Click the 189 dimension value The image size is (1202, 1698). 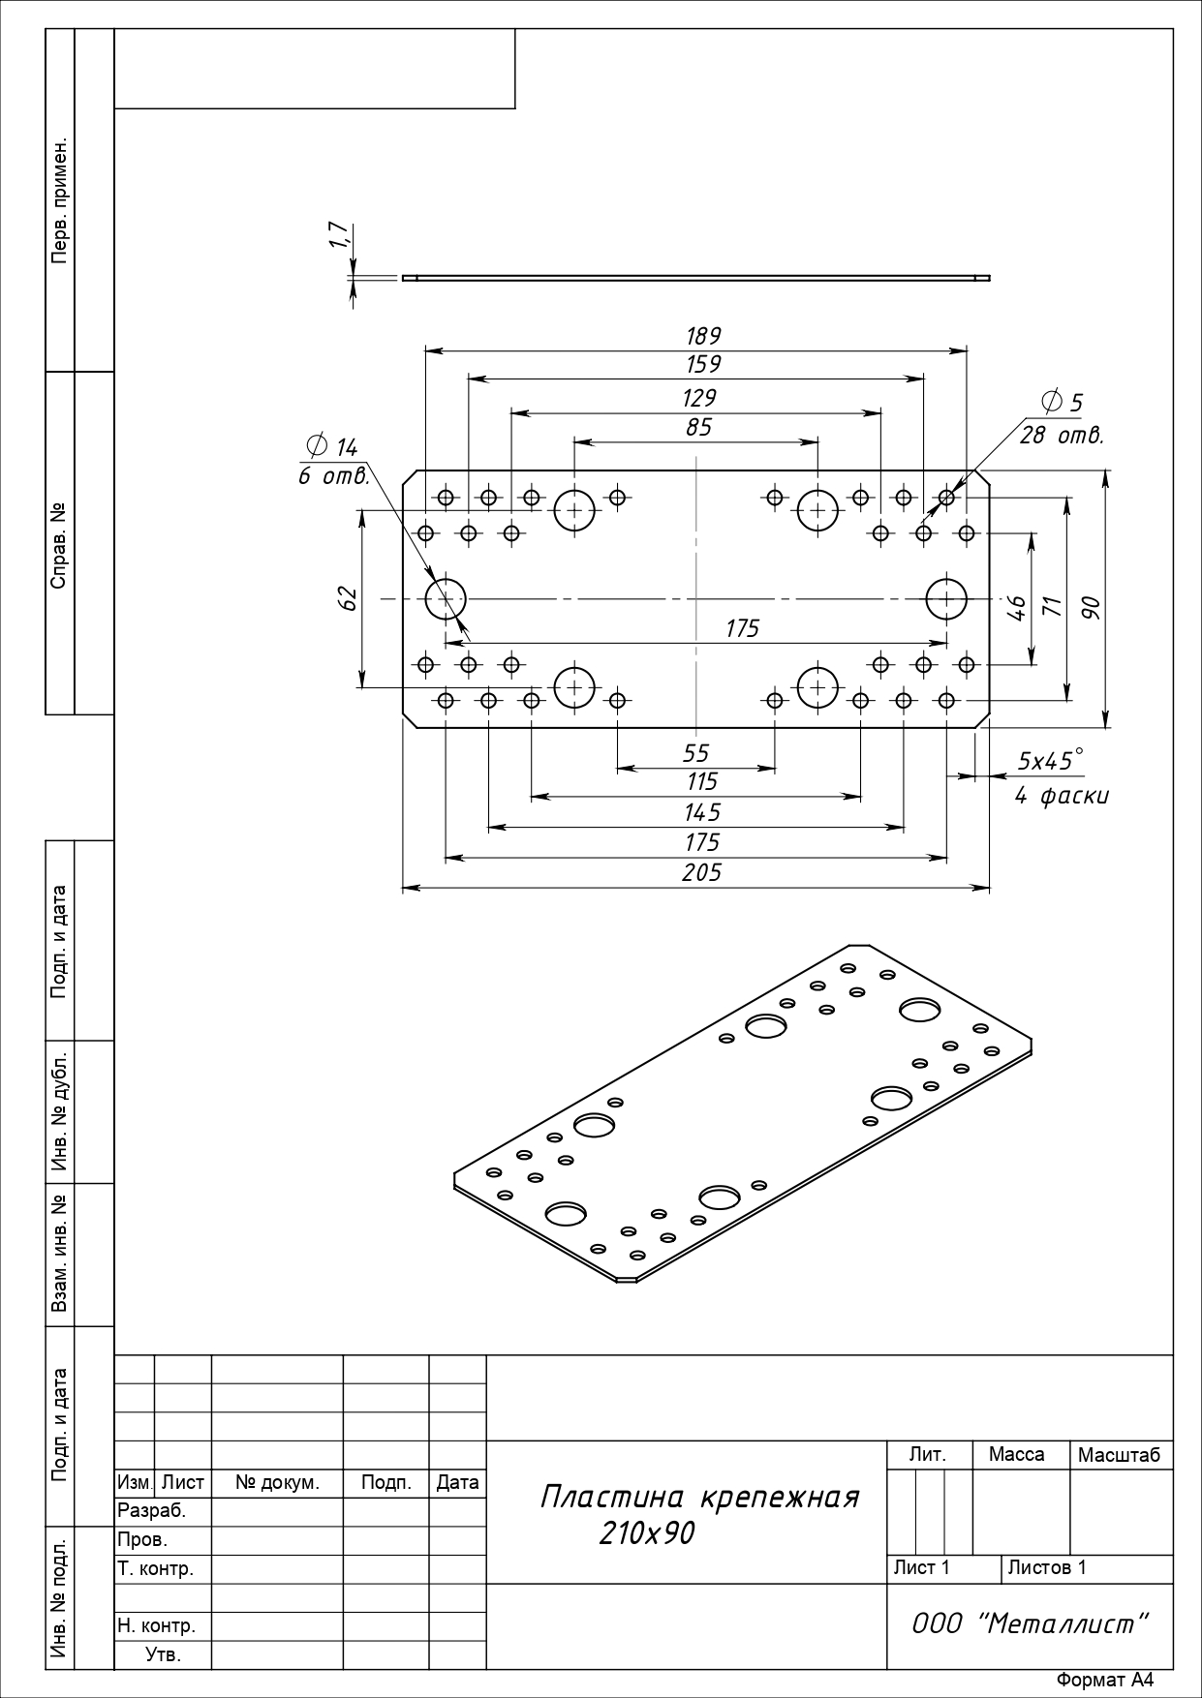703,336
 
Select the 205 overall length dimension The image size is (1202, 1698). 702,873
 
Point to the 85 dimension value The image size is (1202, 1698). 698,427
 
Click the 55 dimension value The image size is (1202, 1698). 696,752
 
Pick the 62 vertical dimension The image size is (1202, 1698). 350,598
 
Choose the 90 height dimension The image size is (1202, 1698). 1092,608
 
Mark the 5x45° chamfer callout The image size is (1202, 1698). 1050,761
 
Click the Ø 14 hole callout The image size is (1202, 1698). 332,446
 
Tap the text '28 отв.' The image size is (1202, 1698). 1062,436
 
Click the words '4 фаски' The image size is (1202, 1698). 1062,797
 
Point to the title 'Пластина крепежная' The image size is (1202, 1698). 699,1497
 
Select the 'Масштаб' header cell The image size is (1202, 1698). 1119,1455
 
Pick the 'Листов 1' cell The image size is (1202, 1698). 1047,1567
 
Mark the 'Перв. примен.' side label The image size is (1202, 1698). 60,201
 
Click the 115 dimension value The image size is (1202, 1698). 702,781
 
